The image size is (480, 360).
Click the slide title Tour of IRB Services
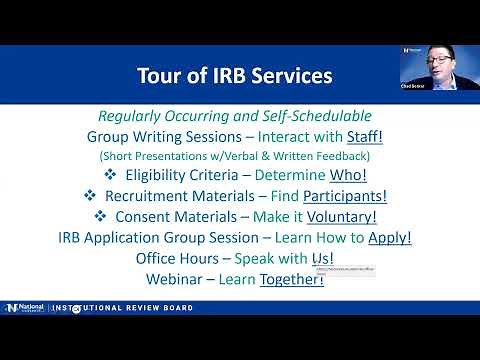coord(234,75)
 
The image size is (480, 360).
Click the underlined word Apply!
coord(390,238)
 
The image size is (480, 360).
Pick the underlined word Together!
coord(291,279)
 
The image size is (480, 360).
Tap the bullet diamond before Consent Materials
coord(100,216)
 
